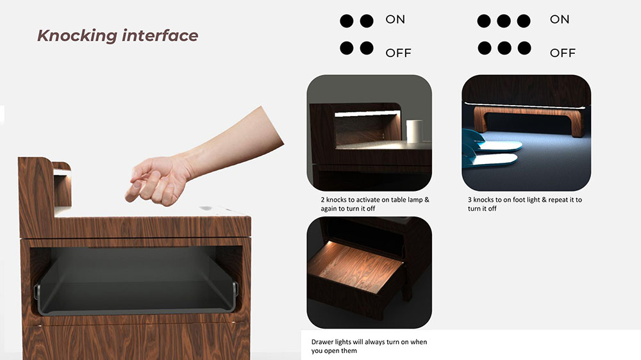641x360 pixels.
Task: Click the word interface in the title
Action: (x=160, y=35)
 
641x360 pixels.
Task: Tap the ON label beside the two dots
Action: (x=395, y=19)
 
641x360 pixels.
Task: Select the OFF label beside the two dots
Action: (x=398, y=53)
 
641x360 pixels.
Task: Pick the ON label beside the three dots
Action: (x=559, y=19)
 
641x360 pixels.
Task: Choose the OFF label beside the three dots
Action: (x=563, y=53)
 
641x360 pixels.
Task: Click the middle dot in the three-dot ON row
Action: (x=504, y=21)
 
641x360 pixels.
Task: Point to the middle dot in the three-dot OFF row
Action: (x=504, y=48)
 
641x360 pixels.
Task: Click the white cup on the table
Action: (x=415, y=131)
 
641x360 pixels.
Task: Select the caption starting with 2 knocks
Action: (x=375, y=204)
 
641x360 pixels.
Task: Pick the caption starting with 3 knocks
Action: (x=525, y=204)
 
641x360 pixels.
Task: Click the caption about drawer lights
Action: (x=369, y=346)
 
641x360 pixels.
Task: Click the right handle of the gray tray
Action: (x=235, y=290)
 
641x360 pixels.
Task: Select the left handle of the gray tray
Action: (x=37, y=293)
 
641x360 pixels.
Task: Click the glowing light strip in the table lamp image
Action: (x=366, y=114)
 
